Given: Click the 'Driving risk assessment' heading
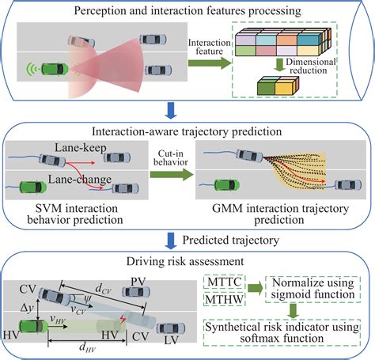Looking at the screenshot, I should (187, 260).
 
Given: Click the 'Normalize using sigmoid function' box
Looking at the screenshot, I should (313, 290).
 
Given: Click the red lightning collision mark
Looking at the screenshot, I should (123, 319).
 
